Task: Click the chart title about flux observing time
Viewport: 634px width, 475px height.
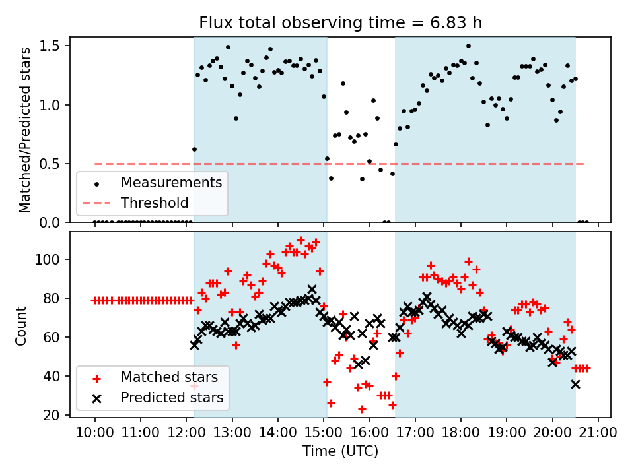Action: pos(340,23)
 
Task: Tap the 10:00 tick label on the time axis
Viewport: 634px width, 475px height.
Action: pos(94,433)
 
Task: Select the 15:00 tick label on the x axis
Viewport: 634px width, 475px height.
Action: pos(324,433)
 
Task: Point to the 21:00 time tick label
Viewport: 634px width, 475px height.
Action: pos(598,433)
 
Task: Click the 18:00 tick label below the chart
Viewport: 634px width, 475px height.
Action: pos(461,433)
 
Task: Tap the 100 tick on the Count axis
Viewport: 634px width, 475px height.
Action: pos(53,260)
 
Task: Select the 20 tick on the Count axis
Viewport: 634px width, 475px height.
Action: pos(55,416)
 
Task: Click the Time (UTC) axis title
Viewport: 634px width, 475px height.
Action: pos(340,451)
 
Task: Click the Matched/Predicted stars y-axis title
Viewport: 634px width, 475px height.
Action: pos(24,130)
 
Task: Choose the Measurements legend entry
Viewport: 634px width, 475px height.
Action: pos(171,181)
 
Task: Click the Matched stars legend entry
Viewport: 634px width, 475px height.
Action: pos(168,377)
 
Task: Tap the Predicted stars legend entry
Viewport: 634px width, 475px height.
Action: pos(172,398)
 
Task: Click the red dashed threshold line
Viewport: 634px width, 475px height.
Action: pos(462,164)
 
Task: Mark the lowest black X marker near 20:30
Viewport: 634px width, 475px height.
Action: pos(575,384)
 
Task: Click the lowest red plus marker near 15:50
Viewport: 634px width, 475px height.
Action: pos(362,409)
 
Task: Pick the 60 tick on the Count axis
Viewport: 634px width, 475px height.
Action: pos(55,338)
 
